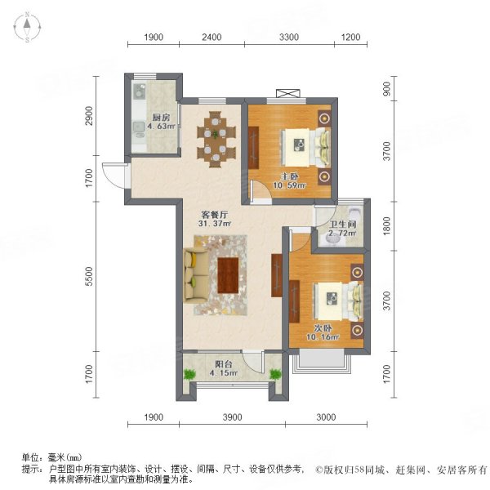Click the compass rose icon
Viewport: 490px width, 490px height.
pyautogui.click(x=28, y=27)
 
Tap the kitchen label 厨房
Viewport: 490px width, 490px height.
pyautogui.click(x=161, y=118)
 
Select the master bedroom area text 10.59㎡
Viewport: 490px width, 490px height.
pyautogui.click(x=289, y=185)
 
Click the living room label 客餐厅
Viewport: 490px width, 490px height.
pyautogui.click(x=214, y=215)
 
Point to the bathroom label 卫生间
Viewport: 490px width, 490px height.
pyautogui.click(x=343, y=224)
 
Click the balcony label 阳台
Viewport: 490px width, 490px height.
pyautogui.click(x=224, y=364)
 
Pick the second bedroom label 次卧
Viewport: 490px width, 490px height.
pyautogui.click(x=323, y=328)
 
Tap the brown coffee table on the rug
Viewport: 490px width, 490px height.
pyautogui.click(x=228, y=275)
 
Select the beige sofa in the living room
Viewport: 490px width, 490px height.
pyautogui.click(x=196, y=276)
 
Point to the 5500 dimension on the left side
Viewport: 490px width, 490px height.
pyautogui.click(x=91, y=276)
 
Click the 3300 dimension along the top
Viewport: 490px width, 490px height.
pyautogui.click(x=289, y=38)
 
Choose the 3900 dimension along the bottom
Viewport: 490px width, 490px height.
pyautogui.click(x=232, y=417)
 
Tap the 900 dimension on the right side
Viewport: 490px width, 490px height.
pyautogui.click(x=387, y=89)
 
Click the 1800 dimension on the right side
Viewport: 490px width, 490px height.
pyautogui.click(x=387, y=226)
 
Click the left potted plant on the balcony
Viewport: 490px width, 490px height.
pyautogui.click(x=189, y=374)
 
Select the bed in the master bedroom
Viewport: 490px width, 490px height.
pyautogui.click(x=306, y=147)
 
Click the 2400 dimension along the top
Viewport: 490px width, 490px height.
pyautogui.click(x=212, y=38)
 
